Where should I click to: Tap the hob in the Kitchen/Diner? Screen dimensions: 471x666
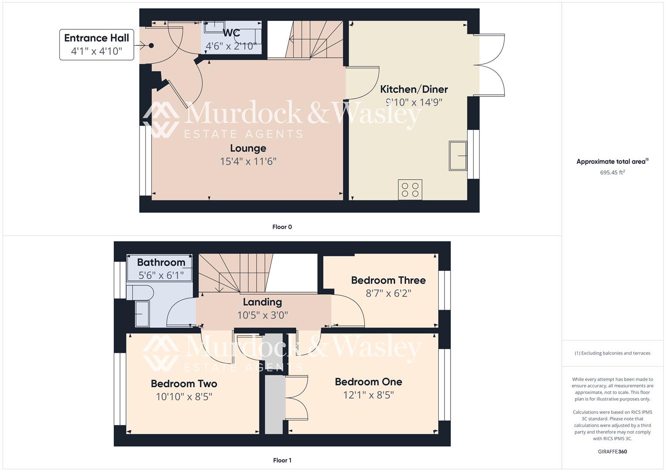click(410, 190)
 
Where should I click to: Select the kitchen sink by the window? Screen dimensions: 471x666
click(458, 156)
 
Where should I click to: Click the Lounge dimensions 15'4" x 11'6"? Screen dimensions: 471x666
click(248, 161)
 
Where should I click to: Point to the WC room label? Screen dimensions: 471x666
click(231, 33)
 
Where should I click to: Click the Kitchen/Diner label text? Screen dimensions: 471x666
click(414, 89)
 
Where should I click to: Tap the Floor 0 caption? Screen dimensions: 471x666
click(282, 227)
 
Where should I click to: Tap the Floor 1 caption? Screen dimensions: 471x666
click(282, 460)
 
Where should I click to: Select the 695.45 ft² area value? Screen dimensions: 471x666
click(612, 172)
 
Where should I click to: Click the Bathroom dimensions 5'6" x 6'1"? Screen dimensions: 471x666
click(161, 275)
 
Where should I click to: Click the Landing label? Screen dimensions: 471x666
click(262, 302)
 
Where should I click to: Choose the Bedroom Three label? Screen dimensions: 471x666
click(388, 280)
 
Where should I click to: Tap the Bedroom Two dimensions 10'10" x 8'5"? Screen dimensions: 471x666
click(184, 397)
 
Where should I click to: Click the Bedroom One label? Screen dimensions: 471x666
click(368, 382)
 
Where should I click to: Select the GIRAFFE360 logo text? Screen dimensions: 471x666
click(612, 451)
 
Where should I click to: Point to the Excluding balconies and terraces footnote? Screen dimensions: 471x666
click(612, 353)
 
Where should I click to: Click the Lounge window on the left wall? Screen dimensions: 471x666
click(144, 160)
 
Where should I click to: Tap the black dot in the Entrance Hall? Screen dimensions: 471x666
click(151, 45)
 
